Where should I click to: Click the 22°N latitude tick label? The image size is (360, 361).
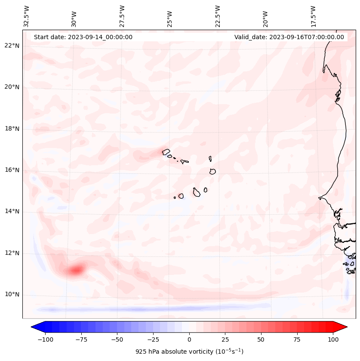[x=12, y=46]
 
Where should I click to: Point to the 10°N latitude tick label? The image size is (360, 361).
[x=12, y=295]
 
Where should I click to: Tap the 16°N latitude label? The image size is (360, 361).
[x=12, y=170]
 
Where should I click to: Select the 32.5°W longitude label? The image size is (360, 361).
[x=27, y=16]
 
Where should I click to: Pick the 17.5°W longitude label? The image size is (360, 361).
[x=314, y=16]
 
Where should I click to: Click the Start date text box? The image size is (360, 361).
[x=83, y=37]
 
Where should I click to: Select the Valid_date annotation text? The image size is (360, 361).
[x=289, y=37]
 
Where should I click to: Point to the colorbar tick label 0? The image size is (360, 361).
[x=189, y=339]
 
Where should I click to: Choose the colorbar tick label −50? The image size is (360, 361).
[x=117, y=339]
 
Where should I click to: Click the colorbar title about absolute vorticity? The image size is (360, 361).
[x=189, y=352]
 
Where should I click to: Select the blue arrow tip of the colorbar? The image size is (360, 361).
[x=35, y=327]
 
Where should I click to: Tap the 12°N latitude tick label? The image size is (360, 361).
[x=12, y=253]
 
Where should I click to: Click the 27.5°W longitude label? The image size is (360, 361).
[x=123, y=16]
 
